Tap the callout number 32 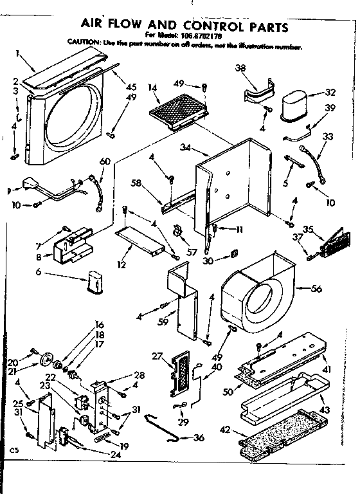tap(330, 92)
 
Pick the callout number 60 tap(105, 161)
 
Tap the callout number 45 tap(131, 87)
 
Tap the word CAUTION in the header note tap(83, 42)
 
